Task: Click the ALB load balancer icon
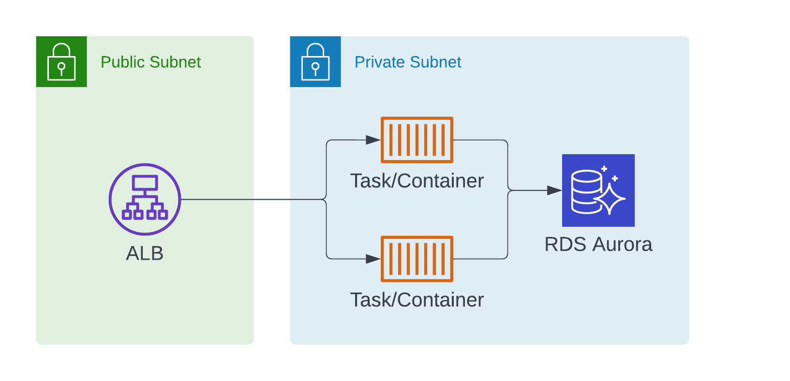tap(145, 199)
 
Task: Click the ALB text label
tap(145, 253)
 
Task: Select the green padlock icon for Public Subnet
tap(61, 61)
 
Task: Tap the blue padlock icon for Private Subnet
tap(315, 61)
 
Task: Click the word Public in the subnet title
tap(123, 62)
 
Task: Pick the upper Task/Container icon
tap(417, 140)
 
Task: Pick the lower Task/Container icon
tap(417, 259)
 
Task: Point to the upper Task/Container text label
tap(417, 181)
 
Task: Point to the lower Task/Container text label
tap(417, 300)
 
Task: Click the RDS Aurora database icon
tap(598, 190)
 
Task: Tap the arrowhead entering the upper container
tap(373, 140)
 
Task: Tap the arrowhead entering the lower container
tap(373, 259)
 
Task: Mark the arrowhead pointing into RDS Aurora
tap(554, 190)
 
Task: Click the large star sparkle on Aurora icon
tap(610, 199)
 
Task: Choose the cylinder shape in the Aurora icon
tap(585, 191)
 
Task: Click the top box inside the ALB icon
tap(145, 183)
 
